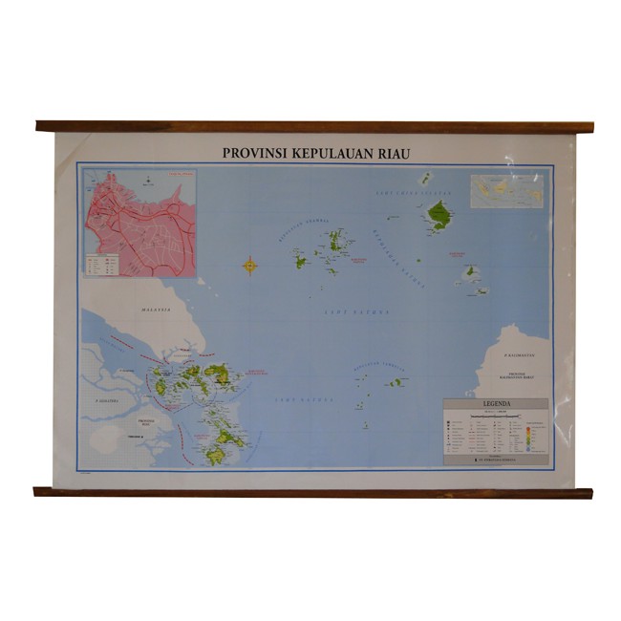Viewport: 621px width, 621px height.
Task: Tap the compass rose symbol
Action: pyautogui.click(x=250, y=265)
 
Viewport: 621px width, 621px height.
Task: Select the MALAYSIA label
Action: pyautogui.click(x=156, y=310)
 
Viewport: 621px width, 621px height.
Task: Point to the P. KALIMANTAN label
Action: pyautogui.click(x=520, y=353)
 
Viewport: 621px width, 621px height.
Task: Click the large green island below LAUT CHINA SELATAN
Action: pyautogui.click(x=439, y=215)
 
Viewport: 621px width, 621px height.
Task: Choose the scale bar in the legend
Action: pyautogui.click(x=497, y=415)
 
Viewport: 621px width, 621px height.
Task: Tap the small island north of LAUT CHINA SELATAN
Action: pyautogui.click(x=425, y=178)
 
